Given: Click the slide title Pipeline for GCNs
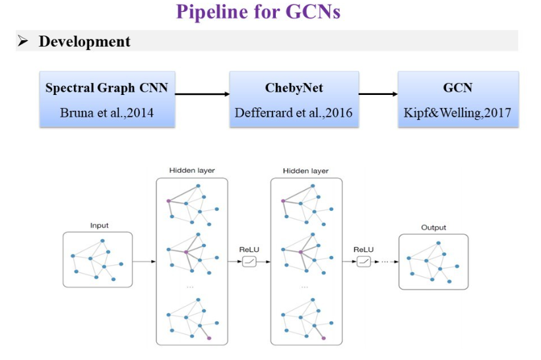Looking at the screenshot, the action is pyautogui.click(x=259, y=12).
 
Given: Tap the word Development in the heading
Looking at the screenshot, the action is pyautogui.click(x=84, y=42).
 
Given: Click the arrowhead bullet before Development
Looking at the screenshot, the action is pyautogui.click(x=23, y=41).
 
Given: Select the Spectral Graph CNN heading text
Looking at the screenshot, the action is pyautogui.click(x=107, y=88).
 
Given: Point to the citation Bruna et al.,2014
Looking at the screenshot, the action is pyautogui.click(x=107, y=113).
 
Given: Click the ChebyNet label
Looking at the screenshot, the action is pyautogui.click(x=294, y=88).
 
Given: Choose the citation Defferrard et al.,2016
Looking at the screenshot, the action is pyautogui.click(x=294, y=113).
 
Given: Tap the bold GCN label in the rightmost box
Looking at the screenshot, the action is pyautogui.click(x=457, y=88).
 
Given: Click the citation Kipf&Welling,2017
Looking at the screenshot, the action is pyautogui.click(x=457, y=113).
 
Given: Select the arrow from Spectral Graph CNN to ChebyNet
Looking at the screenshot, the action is pyautogui.click(x=202, y=94).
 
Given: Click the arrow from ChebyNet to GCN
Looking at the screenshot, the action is pyautogui.click(x=378, y=94).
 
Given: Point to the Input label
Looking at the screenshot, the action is pyautogui.click(x=100, y=225).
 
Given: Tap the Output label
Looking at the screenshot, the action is pyautogui.click(x=433, y=227).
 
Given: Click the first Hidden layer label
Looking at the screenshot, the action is pyautogui.click(x=192, y=170).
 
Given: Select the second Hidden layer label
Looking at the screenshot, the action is pyautogui.click(x=305, y=171).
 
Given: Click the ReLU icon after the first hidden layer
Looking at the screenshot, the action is pyautogui.click(x=249, y=262).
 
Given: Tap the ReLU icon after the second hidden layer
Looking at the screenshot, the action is pyautogui.click(x=364, y=262).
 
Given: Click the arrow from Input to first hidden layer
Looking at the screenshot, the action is pyautogui.click(x=144, y=262).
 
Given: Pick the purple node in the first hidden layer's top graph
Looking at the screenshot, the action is pyautogui.click(x=168, y=200).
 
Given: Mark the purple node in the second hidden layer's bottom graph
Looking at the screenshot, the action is pyautogui.click(x=324, y=338).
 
